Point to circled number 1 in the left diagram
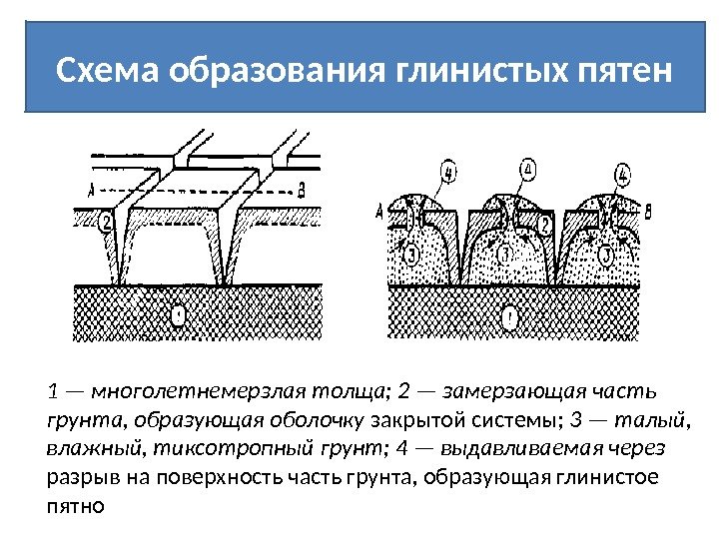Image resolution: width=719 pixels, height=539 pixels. [x=179, y=317]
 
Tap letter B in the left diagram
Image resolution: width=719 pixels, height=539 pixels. [x=302, y=189]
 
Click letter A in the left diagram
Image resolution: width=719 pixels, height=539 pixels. [x=91, y=189]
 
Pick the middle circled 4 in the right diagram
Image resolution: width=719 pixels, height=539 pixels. [x=527, y=170]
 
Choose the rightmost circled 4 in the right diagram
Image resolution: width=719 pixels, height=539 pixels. [x=623, y=176]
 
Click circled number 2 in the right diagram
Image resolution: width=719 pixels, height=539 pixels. [x=546, y=224]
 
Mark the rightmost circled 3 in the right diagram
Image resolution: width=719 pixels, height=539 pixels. [x=604, y=256]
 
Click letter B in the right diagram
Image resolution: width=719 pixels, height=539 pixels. [x=649, y=212]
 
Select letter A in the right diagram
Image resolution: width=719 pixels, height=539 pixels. [x=379, y=212]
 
